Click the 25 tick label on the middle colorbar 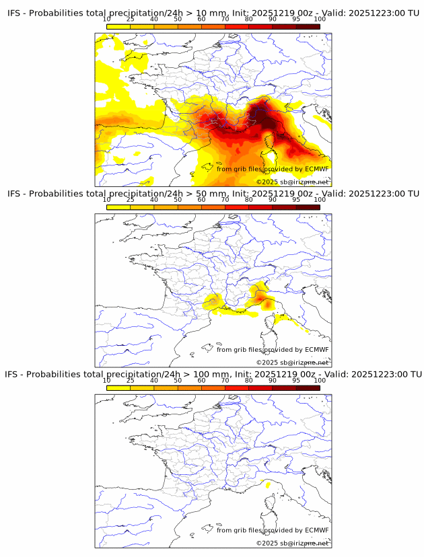click(x=130, y=200)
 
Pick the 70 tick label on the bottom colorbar click(x=225, y=380)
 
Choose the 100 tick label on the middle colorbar click(x=320, y=200)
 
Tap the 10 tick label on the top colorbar click(x=106, y=20)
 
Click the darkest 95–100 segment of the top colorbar click(x=308, y=27)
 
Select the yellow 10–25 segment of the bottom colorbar click(x=118, y=387)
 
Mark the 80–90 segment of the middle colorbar click(x=260, y=207)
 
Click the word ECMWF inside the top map click(x=316, y=169)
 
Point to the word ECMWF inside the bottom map click(x=316, y=530)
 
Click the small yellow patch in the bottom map click(x=268, y=484)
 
